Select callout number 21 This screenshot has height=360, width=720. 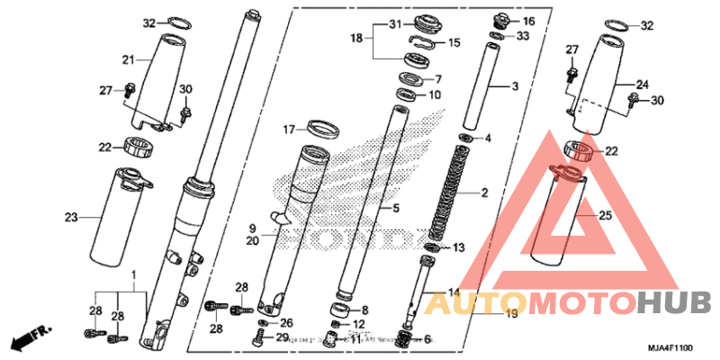coord(128,59)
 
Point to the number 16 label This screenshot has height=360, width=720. coord(527,21)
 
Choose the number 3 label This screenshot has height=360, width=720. coord(516,86)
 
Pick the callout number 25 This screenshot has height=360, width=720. coord(606,216)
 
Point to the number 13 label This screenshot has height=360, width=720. coord(457,247)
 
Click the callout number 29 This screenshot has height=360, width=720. coord(282,337)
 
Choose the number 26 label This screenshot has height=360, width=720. coord(286,322)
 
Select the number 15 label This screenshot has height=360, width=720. coord(454,42)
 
